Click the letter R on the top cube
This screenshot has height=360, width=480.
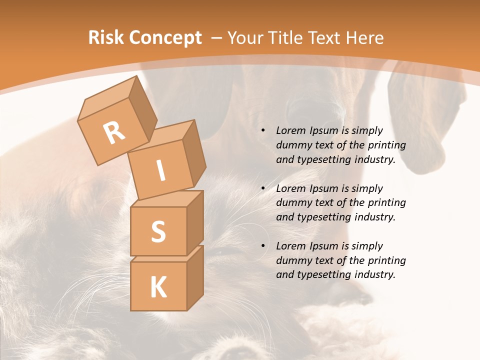pos(114,132)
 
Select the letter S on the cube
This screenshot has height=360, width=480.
pos(158,231)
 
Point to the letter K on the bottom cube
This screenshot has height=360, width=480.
pos(158,287)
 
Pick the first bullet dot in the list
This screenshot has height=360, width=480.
pos(263,131)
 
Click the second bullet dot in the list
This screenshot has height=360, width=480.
pos(263,189)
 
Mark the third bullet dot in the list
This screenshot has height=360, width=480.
pos(263,246)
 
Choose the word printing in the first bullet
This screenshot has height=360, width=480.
pos(386,145)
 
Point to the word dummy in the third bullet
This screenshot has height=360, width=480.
pos(291,260)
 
